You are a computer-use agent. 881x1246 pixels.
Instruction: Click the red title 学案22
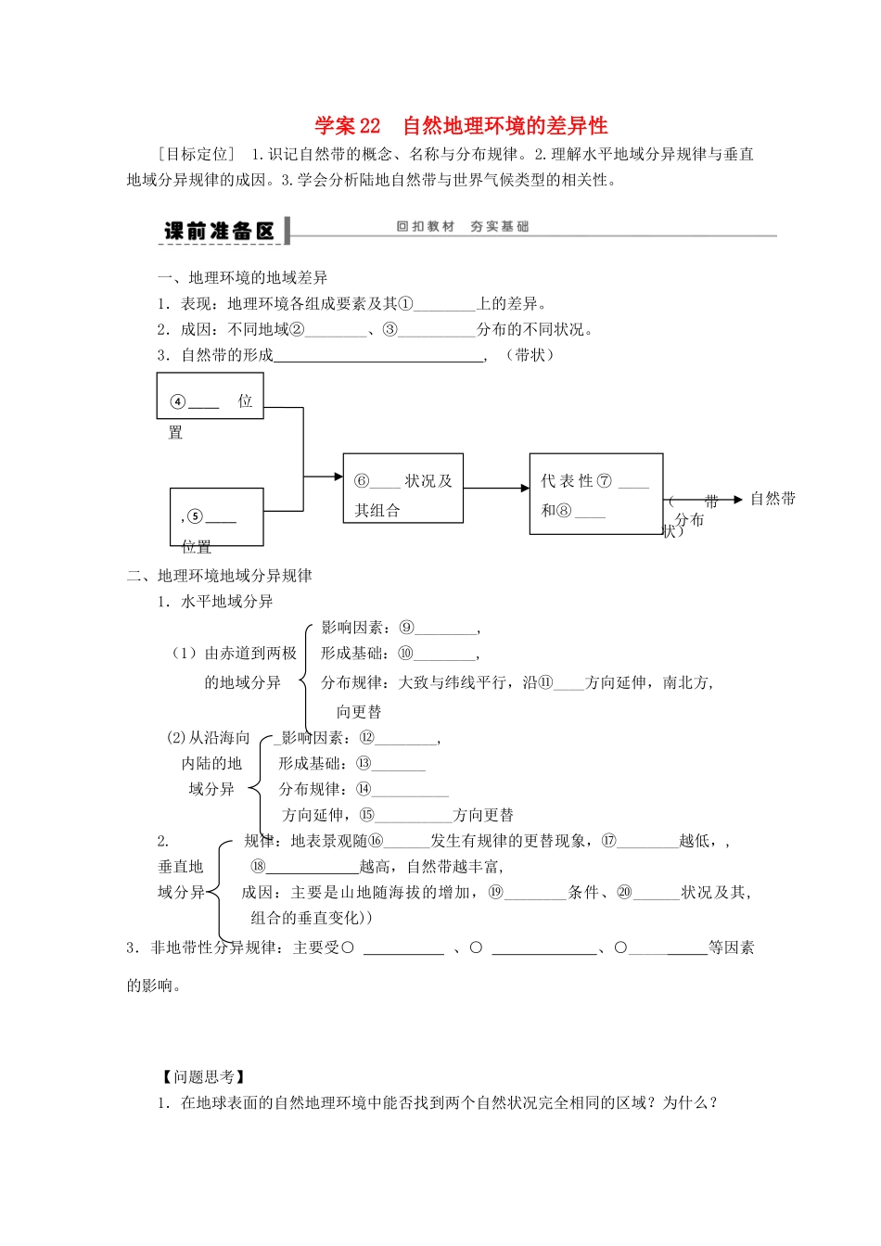[348, 126]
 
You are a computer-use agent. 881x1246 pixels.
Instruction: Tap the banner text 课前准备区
[220, 231]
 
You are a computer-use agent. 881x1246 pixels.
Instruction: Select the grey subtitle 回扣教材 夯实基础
[462, 226]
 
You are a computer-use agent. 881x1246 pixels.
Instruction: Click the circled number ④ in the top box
[178, 402]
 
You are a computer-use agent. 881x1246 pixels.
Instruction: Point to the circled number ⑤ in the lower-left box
[195, 516]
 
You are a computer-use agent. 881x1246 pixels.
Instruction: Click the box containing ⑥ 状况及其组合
[402, 489]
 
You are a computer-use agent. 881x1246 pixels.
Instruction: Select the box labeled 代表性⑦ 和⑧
[595, 494]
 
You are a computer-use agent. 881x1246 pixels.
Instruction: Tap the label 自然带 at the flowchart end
[772, 499]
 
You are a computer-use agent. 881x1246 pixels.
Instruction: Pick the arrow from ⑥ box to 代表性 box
[496, 489]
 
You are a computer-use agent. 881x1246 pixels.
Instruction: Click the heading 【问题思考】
[203, 1076]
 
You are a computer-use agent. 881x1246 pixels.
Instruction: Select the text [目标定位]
[198, 154]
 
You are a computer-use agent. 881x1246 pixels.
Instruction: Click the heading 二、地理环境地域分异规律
[220, 576]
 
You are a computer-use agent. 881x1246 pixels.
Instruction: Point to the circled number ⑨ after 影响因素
[406, 628]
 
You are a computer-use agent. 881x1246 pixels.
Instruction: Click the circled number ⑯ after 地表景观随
[376, 841]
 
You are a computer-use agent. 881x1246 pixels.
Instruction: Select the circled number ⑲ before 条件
[496, 892]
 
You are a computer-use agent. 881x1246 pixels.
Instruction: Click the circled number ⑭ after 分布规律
[364, 789]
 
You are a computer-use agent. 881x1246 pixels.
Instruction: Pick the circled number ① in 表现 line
[406, 303]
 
